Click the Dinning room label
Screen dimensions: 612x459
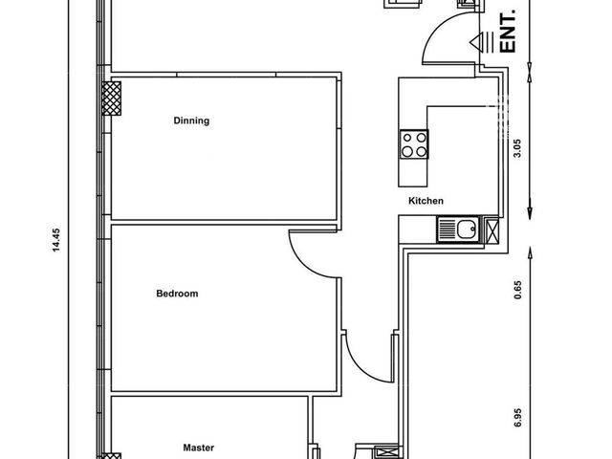191,120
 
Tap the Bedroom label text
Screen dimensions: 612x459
177,294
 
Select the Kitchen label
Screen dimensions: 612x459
426,201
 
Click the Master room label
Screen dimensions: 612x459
199,448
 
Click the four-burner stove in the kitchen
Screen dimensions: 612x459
414,144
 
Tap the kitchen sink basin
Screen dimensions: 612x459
468,229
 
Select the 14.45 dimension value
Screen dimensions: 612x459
56,240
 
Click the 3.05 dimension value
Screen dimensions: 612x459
517,148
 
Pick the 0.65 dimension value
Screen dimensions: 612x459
518,290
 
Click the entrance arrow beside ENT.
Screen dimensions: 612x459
482,42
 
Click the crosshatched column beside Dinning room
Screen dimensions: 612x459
112,98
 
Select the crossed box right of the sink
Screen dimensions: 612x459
492,231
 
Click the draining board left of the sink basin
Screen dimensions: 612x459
448,229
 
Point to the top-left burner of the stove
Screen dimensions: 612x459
407,138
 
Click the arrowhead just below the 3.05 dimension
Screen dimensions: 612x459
530,212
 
